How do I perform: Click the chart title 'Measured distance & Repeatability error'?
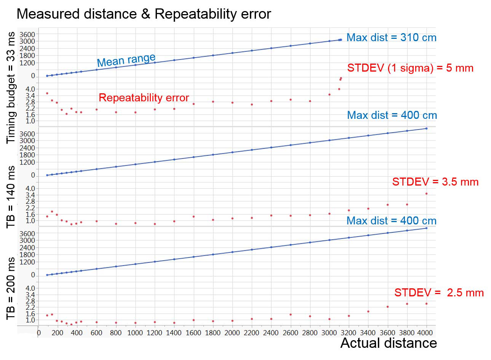144,14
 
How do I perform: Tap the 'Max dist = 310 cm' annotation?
392,38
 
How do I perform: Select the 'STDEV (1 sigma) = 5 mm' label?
410,68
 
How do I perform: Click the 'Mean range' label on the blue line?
126,60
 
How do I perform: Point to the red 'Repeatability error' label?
144,98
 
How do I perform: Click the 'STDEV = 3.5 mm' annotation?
435,182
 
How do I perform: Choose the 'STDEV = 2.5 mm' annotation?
439,293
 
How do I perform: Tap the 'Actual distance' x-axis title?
388,343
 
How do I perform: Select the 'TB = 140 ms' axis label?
11,197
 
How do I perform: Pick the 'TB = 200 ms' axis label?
11,288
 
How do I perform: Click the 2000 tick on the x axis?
232,333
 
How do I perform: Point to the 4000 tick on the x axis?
426,333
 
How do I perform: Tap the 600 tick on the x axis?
96,333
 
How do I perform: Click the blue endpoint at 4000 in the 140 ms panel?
426,128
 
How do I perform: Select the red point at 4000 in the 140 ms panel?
426,194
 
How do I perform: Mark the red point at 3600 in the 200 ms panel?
387,307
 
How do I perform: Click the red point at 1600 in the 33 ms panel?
194,104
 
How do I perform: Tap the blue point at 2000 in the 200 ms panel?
232,252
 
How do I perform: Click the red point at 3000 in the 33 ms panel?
329,94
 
